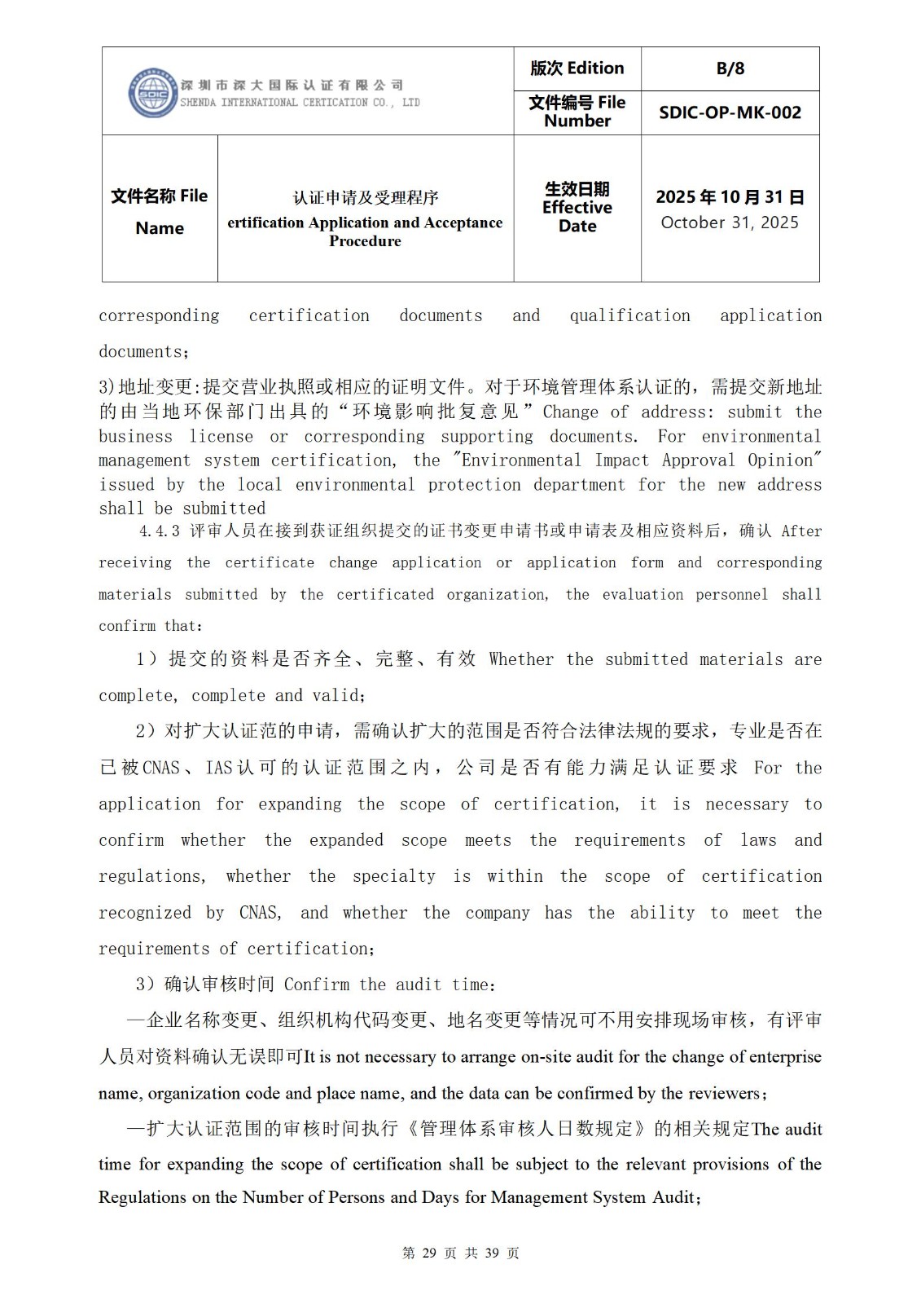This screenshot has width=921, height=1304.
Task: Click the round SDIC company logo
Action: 152,93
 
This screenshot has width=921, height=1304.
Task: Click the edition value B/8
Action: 730,69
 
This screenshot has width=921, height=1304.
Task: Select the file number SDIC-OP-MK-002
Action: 730,112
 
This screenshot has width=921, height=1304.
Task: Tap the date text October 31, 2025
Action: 730,222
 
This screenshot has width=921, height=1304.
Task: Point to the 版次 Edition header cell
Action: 577,68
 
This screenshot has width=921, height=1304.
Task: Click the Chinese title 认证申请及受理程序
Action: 366,197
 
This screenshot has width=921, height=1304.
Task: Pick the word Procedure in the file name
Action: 365,241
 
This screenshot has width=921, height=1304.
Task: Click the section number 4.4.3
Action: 160,531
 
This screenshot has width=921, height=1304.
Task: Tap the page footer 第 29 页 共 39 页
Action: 460,1253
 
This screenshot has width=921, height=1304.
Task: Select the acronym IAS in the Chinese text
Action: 219,768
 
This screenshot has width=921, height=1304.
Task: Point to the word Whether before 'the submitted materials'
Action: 521,659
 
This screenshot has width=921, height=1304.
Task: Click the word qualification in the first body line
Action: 629,315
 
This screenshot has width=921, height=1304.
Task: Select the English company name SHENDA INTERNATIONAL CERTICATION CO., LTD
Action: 300,103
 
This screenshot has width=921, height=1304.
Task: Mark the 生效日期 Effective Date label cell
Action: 577,208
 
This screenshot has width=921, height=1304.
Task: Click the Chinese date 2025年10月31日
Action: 730,197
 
